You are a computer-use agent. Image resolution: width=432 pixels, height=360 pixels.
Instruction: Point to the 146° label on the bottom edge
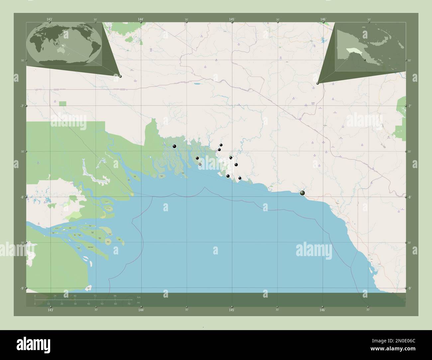(x=322, y=310)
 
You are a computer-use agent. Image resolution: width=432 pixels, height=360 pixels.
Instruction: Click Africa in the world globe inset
(x=37, y=44)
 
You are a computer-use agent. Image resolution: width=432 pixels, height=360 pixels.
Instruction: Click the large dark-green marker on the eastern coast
(x=302, y=193)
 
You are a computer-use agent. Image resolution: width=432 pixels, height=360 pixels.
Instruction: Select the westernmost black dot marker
(x=174, y=146)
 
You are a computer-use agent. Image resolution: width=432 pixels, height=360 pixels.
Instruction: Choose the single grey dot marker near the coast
(x=200, y=164)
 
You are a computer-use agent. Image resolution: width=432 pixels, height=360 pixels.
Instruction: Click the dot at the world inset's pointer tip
(x=120, y=76)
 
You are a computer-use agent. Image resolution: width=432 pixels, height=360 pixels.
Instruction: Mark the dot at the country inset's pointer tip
(x=318, y=83)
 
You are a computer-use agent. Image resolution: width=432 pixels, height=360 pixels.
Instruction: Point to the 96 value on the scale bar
(x=115, y=296)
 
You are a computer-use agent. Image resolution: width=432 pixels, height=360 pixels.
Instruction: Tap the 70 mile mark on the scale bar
(x=129, y=304)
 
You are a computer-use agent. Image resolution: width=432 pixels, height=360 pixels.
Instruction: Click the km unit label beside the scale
(x=139, y=297)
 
